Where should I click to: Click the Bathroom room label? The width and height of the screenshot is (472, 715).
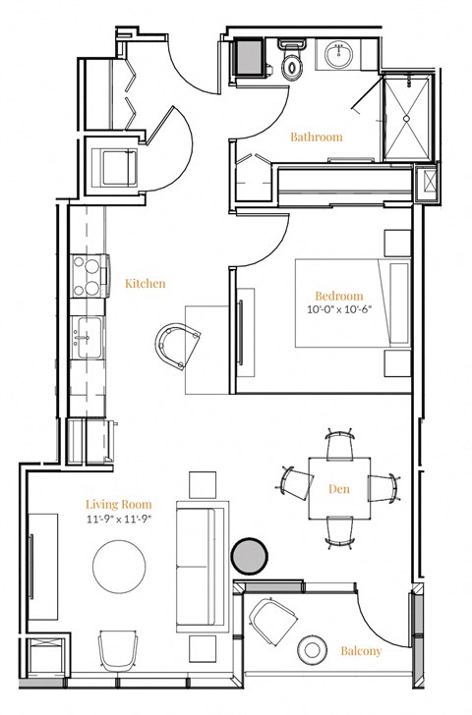317,137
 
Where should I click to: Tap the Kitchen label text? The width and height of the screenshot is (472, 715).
145,284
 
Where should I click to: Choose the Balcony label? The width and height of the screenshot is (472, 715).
361,650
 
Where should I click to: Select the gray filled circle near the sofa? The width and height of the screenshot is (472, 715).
248,556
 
